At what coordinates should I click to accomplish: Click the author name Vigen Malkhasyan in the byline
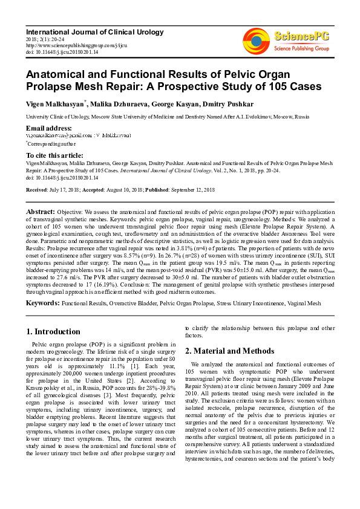[54, 104]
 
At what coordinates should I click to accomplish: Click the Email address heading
[48, 128]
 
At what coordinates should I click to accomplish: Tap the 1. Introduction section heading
[54, 331]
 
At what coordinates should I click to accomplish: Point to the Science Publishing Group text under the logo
[301, 47]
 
